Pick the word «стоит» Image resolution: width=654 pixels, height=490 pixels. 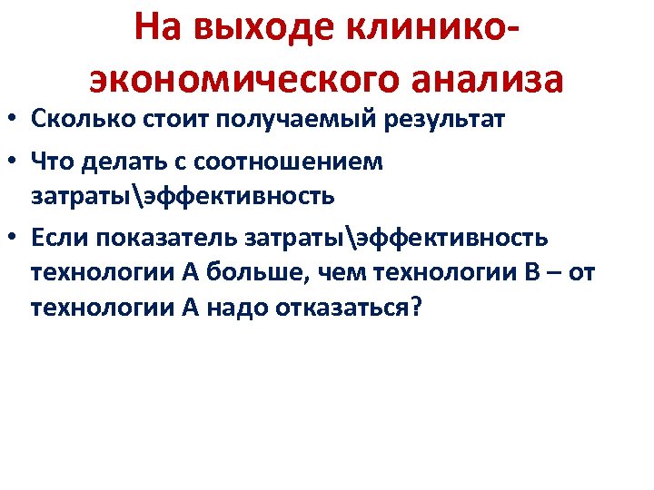pyautogui.click(x=160, y=119)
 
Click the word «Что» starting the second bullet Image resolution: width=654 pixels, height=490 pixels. pyautogui.click(x=50, y=162)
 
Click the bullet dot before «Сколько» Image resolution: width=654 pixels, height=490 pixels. pyautogui.click(x=13, y=120)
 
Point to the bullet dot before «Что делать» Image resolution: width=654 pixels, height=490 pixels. pyautogui.click(x=13, y=163)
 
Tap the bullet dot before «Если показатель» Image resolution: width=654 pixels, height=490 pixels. pyautogui.click(x=13, y=239)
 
